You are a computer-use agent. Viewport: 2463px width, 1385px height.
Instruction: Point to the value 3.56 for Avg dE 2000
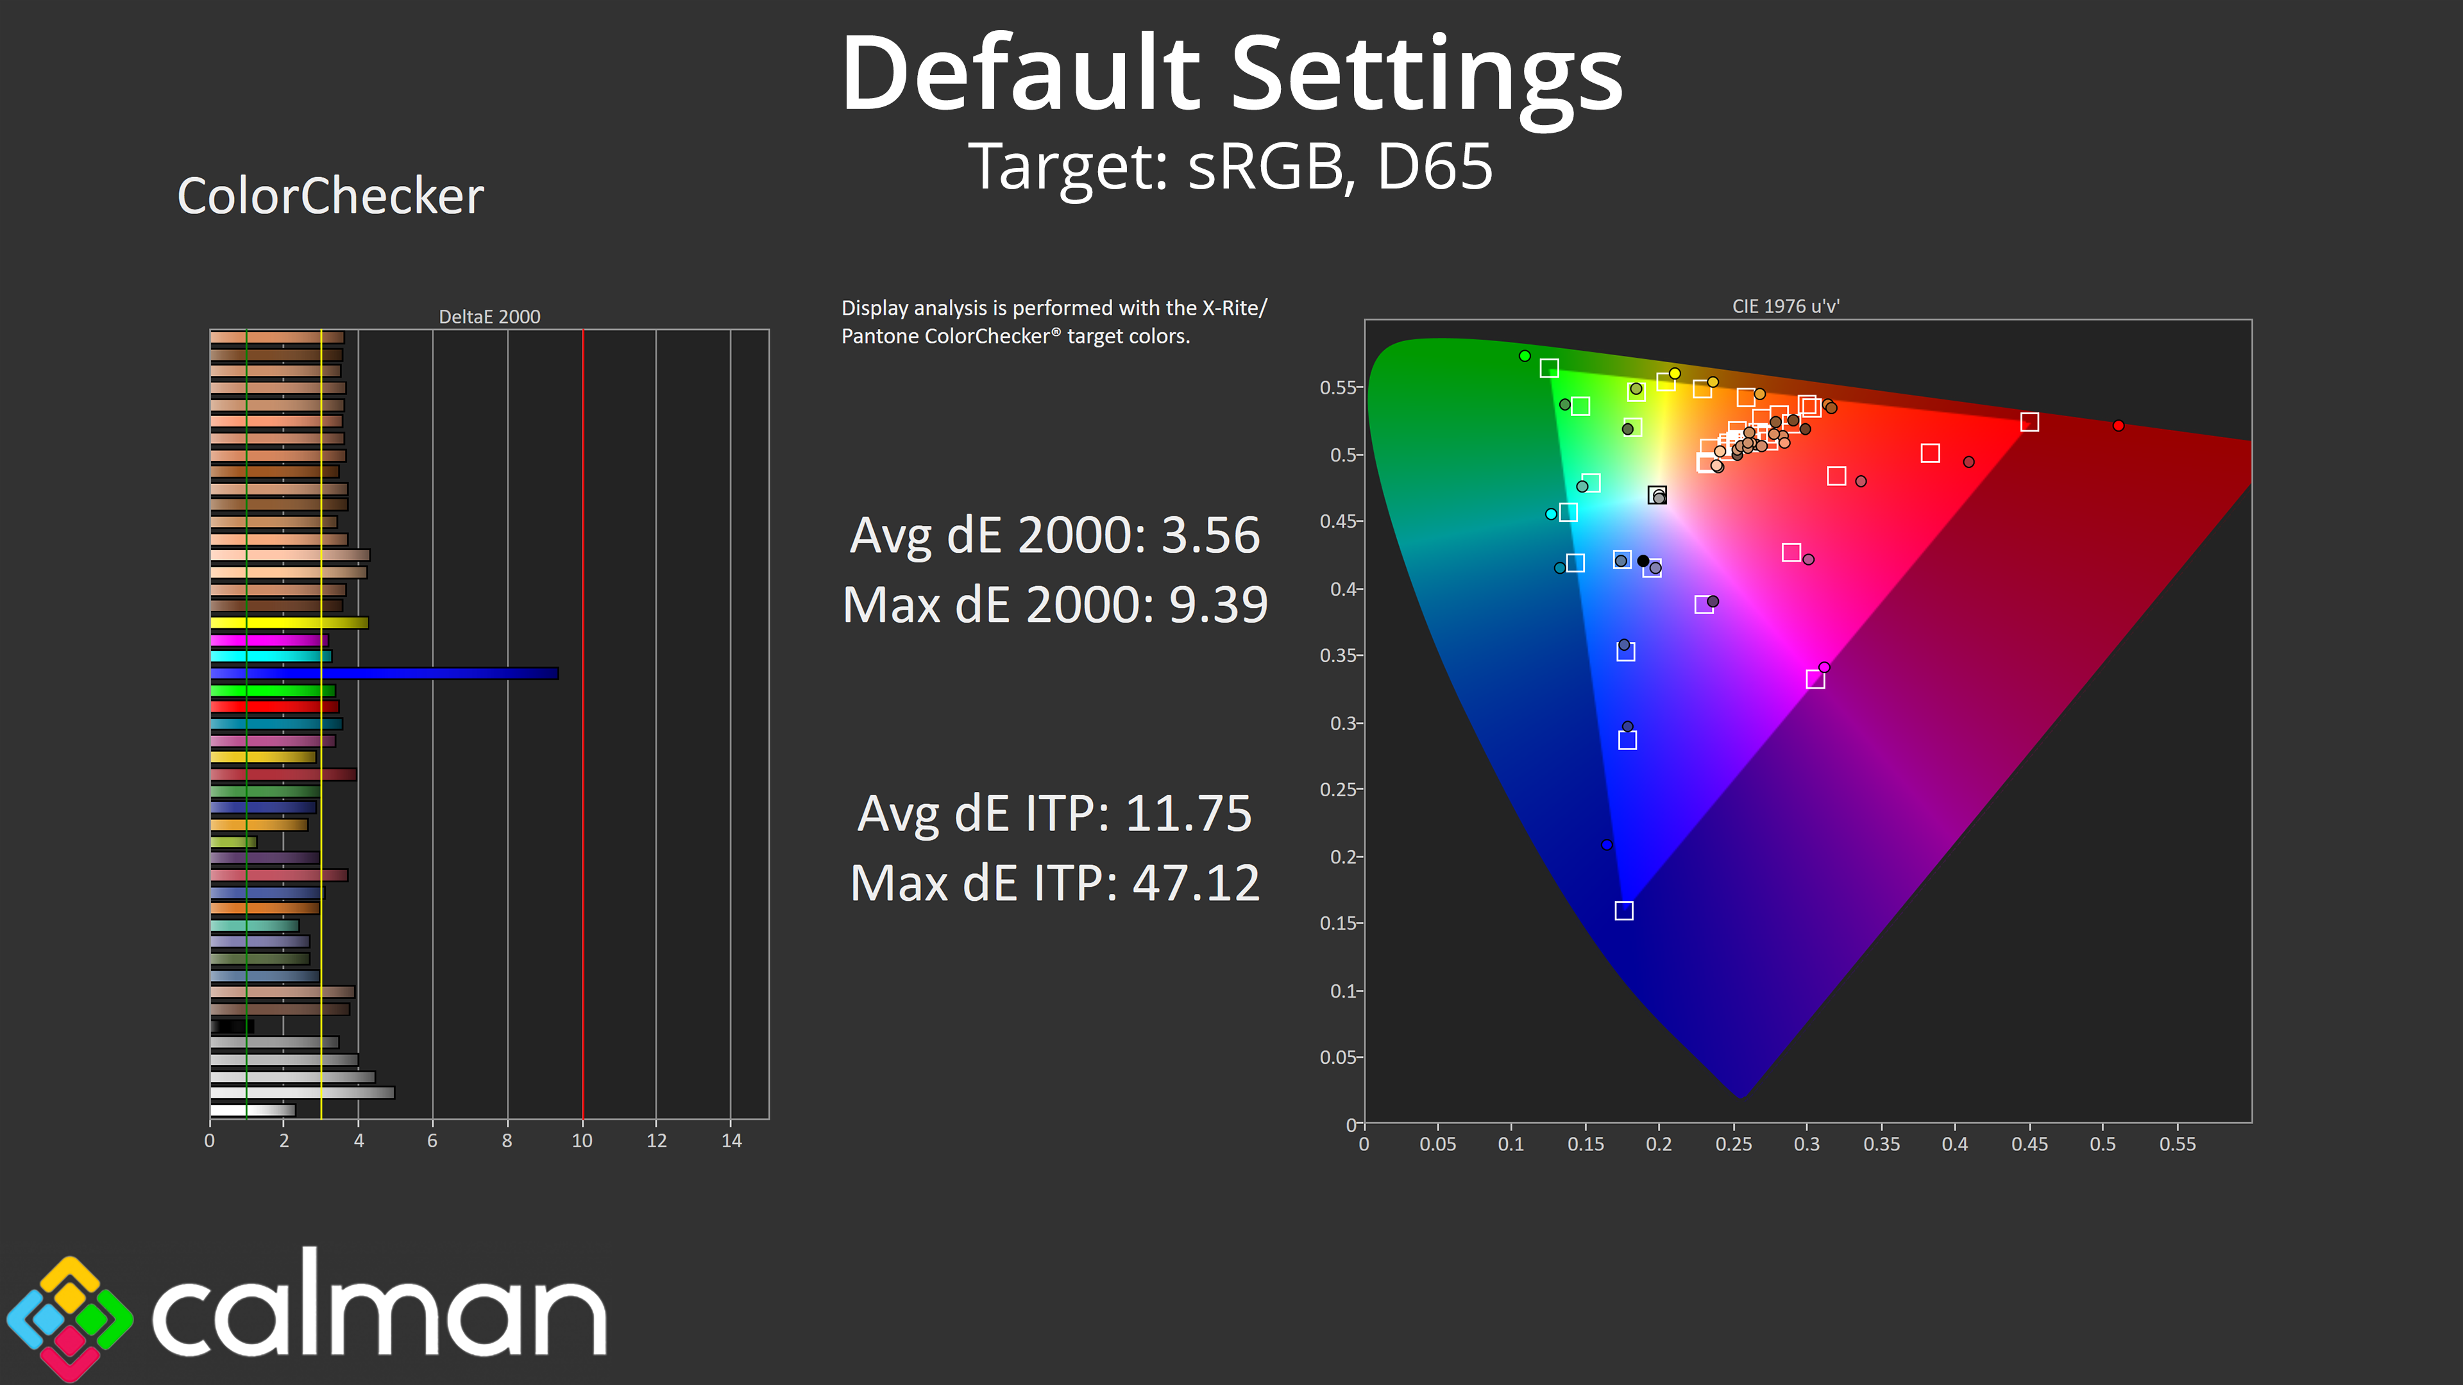pos(1210,535)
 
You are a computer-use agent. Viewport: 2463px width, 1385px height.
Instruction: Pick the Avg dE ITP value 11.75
pos(1189,814)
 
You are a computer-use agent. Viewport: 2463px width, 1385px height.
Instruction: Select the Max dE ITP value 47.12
pos(1196,883)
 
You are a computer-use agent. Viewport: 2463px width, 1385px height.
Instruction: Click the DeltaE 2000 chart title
pos(489,316)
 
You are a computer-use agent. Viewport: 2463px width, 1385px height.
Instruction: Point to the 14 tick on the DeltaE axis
pos(731,1140)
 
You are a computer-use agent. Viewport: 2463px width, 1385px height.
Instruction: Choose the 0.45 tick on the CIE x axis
pos(2029,1144)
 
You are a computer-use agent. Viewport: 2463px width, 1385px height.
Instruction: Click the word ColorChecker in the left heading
pos(331,197)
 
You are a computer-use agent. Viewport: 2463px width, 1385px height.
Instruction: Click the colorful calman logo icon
pos(70,1318)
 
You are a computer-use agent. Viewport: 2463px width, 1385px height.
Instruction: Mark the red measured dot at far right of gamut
pos(2118,425)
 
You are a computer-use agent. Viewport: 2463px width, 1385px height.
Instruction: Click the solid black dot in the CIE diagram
pos(1643,561)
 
